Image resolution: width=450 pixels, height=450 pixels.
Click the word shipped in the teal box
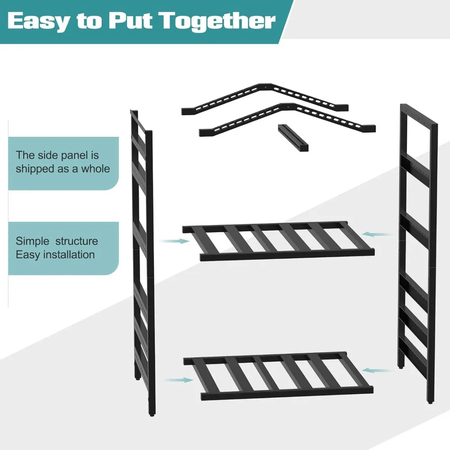pyautogui.click(x=35, y=169)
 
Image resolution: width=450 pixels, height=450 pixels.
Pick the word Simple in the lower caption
pyautogui.click(x=32, y=241)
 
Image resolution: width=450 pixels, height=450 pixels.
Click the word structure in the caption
pyautogui.click(x=76, y=241)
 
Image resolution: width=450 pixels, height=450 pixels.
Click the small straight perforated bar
pyautogui.click(x=293, y=138)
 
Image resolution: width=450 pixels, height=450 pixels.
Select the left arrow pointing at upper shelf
pyautogui.click(x=175, y=241)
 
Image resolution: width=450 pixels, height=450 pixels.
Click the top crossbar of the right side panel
pyautogui.click(x=418, y=115)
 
